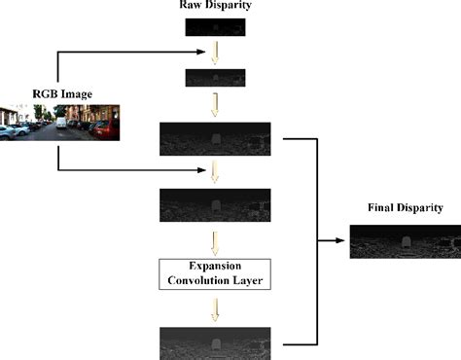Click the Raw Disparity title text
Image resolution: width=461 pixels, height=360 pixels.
214,7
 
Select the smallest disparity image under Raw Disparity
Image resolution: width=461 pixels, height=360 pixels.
213,27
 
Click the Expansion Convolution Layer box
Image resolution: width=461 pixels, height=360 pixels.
214,272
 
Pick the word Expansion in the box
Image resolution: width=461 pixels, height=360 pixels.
214,265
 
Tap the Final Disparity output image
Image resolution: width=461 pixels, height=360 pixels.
404,240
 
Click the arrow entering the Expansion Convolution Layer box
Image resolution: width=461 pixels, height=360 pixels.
214,242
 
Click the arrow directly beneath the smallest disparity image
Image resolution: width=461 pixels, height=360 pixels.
214,53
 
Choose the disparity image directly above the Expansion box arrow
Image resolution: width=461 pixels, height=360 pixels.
214,207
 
